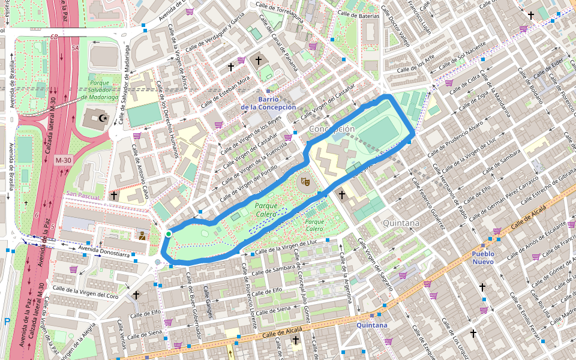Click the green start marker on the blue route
pyautogui.click(x=169, y=233)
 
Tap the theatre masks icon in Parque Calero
pyautogui.click(x=305, y=180)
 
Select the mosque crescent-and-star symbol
pyautogui.click(x=102, y=118)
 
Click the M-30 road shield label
pyautogui.click(x=63, y=161)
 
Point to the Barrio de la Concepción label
pyautogui.click(x=268, y=103)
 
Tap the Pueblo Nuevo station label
pyautogui.click(x=483, y=257)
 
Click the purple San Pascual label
pyautogui.click(x=83, y=195)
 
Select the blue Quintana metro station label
pyautogui.click(x=371, y=325)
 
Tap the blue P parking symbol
pyautogui.click(x=7, y=322)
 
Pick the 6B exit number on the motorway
pyautogui.click(x=54, y=37)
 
